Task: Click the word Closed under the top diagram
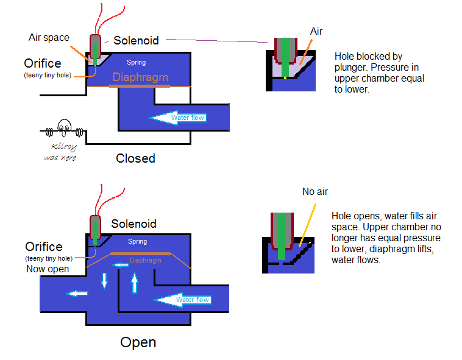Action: point(135,158)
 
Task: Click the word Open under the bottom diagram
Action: point(138,342)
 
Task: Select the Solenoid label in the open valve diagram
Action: point(133,224)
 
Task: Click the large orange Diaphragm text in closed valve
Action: point(140,77)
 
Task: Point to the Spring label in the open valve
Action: point(137,241)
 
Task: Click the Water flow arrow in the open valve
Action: point(183,299)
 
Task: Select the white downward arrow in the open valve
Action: point(104,280)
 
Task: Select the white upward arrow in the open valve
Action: point(134,282)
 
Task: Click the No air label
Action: point(315,192)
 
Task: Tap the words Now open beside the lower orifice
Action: point(48,269)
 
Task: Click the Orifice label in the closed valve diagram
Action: point(43,63)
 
